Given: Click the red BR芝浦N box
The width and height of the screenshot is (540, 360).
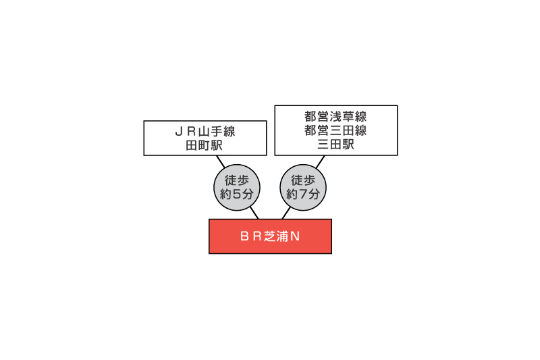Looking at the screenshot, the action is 271,236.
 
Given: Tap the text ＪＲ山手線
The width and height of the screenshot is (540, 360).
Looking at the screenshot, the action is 205,131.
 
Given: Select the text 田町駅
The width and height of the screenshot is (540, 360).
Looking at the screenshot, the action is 205,145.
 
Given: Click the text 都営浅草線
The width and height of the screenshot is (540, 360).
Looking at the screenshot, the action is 335,116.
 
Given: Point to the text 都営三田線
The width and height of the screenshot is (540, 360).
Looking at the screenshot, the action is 335,130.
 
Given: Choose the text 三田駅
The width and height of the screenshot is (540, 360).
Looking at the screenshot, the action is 335,144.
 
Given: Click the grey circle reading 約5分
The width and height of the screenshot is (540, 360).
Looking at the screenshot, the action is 237,187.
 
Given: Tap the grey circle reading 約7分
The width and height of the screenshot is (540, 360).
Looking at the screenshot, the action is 303,187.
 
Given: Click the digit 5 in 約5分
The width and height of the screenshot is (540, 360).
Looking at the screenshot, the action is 237,195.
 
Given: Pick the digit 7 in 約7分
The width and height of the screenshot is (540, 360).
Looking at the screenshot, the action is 303,195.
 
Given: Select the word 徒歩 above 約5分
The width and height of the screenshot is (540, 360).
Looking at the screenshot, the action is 237,180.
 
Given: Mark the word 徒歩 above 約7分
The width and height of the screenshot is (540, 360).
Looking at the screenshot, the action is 303,180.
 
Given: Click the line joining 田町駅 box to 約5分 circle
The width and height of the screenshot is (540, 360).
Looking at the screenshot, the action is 221,161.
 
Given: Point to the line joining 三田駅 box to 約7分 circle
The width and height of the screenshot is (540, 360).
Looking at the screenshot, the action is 320,161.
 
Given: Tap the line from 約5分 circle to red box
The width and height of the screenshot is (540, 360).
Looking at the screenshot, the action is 254,213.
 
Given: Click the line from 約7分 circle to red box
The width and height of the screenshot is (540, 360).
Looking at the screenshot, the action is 286,213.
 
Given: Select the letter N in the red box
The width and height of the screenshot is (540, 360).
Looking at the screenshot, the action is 295,236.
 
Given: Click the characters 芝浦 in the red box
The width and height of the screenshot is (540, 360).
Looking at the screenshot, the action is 276,236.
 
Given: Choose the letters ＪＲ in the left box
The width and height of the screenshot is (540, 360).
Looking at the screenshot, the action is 186,132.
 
